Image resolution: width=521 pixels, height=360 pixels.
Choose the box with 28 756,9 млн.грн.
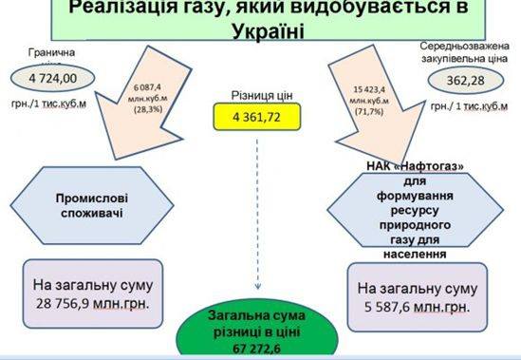91,295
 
